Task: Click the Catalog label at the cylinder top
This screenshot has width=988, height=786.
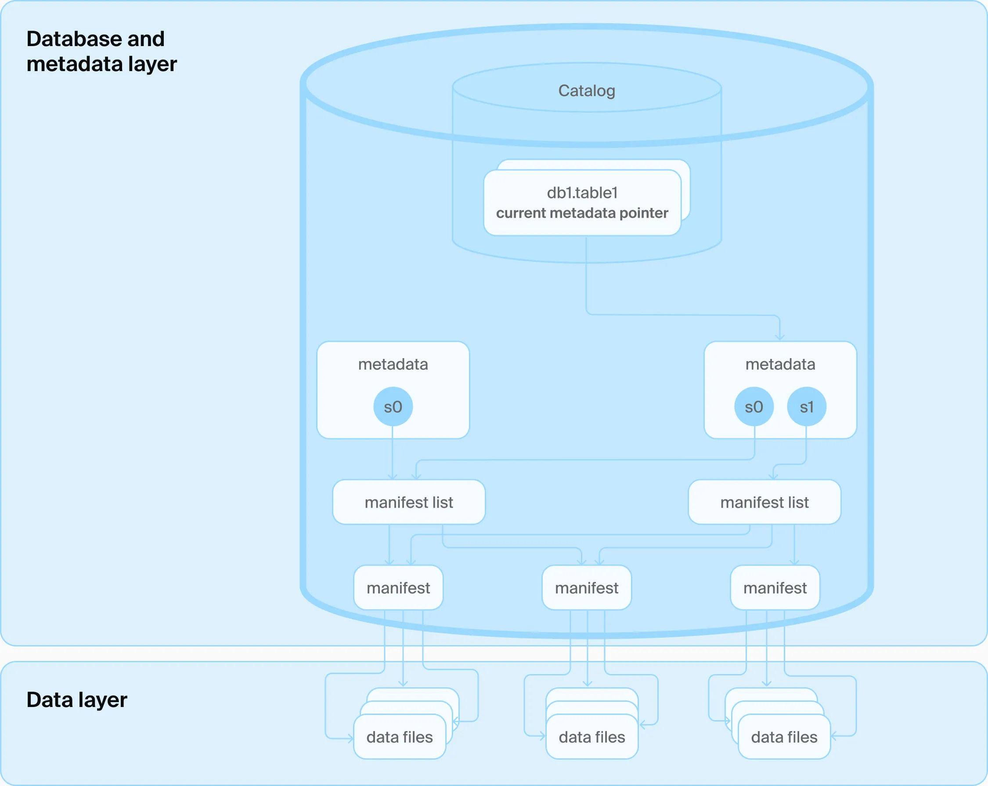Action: coord(587,91)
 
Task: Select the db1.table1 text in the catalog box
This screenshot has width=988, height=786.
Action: coord(582,193)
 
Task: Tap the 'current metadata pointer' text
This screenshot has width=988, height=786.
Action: coord(582,213)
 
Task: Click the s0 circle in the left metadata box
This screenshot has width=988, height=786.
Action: coord(393,407)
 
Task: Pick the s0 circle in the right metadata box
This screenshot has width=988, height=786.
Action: coord(754,407)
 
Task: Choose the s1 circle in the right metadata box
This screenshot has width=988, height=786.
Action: coord(807,407)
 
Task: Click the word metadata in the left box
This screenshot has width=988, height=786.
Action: coord(393,364)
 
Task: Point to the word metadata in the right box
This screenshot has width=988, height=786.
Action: coord(780,364)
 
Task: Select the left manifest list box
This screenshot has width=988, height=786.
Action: coord(409,502)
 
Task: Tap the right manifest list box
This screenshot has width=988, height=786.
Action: coord(764,502)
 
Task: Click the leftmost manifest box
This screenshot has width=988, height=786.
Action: coord(398,588)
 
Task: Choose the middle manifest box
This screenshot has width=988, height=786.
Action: coord(587,588)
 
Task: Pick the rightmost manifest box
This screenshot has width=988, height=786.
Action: coord(775,588)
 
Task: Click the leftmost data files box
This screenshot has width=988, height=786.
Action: coord(400,737)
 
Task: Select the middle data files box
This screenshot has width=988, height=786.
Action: coord(591,737)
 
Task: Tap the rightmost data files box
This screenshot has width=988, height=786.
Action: coord(784,737)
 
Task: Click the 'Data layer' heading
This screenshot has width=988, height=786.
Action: coord(76,700)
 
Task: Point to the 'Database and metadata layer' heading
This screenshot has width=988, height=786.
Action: coord(101,51)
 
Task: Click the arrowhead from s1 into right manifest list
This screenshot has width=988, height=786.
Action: coord(774,477)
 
